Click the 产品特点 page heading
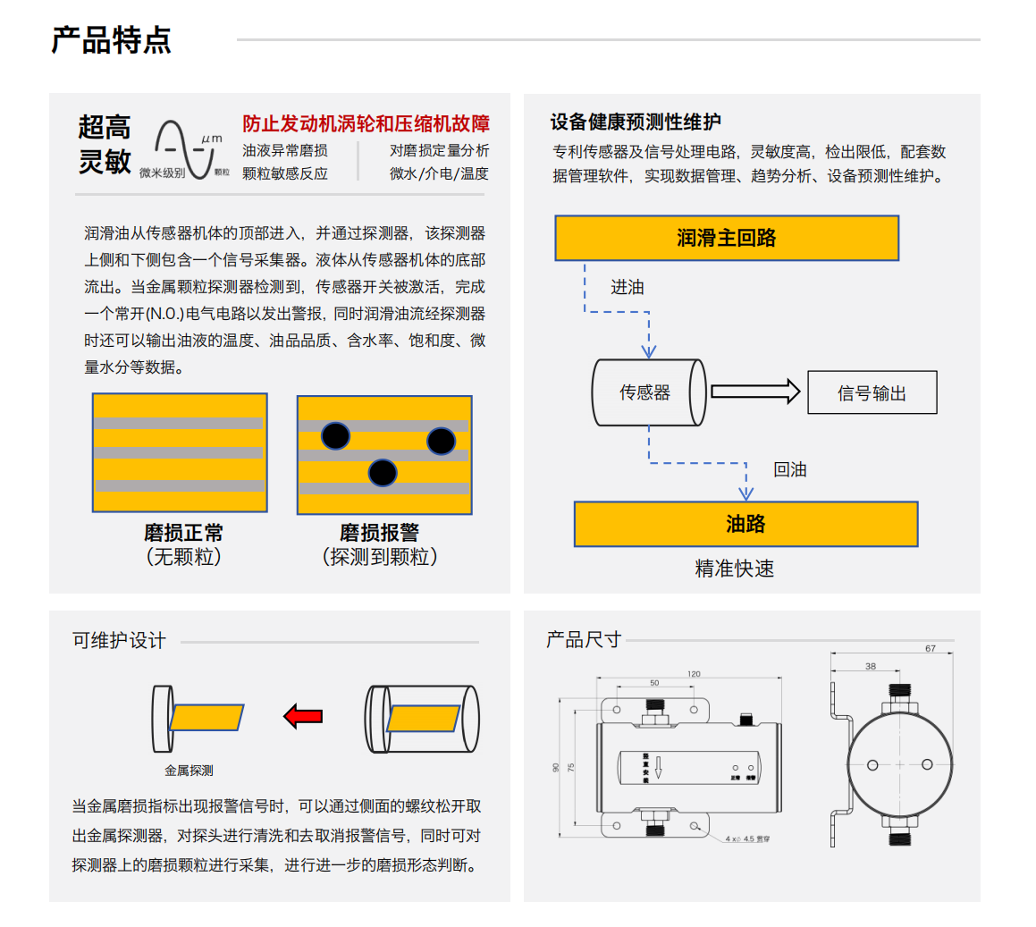111,40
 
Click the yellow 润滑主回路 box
726,238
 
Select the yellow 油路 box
745,524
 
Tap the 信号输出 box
872,392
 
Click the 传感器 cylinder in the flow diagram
648,392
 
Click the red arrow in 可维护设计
303,716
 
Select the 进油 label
627,287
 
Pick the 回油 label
789,469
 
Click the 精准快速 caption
734,569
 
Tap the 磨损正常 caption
183,533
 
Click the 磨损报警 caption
379,533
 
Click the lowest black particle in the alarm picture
383,472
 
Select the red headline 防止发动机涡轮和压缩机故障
366,123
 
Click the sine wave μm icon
186,147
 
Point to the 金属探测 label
189,770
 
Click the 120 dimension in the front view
694,674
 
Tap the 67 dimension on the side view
930,649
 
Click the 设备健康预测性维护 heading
636,122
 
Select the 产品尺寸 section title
583,640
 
